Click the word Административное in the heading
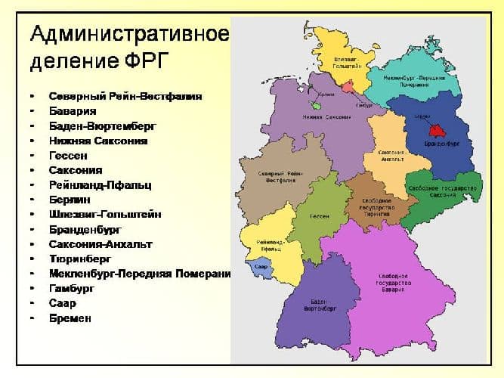pos(129,34)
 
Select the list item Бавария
pos(73,111)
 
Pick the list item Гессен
pos(70,155)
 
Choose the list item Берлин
pos(70,200)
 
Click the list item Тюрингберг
pos(79,259)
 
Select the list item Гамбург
pos(73,288)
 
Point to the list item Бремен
pos(70,318)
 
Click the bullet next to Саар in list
pos(31,303)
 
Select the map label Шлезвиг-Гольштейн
pos(346,62)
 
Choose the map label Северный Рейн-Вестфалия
pos(275,178)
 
